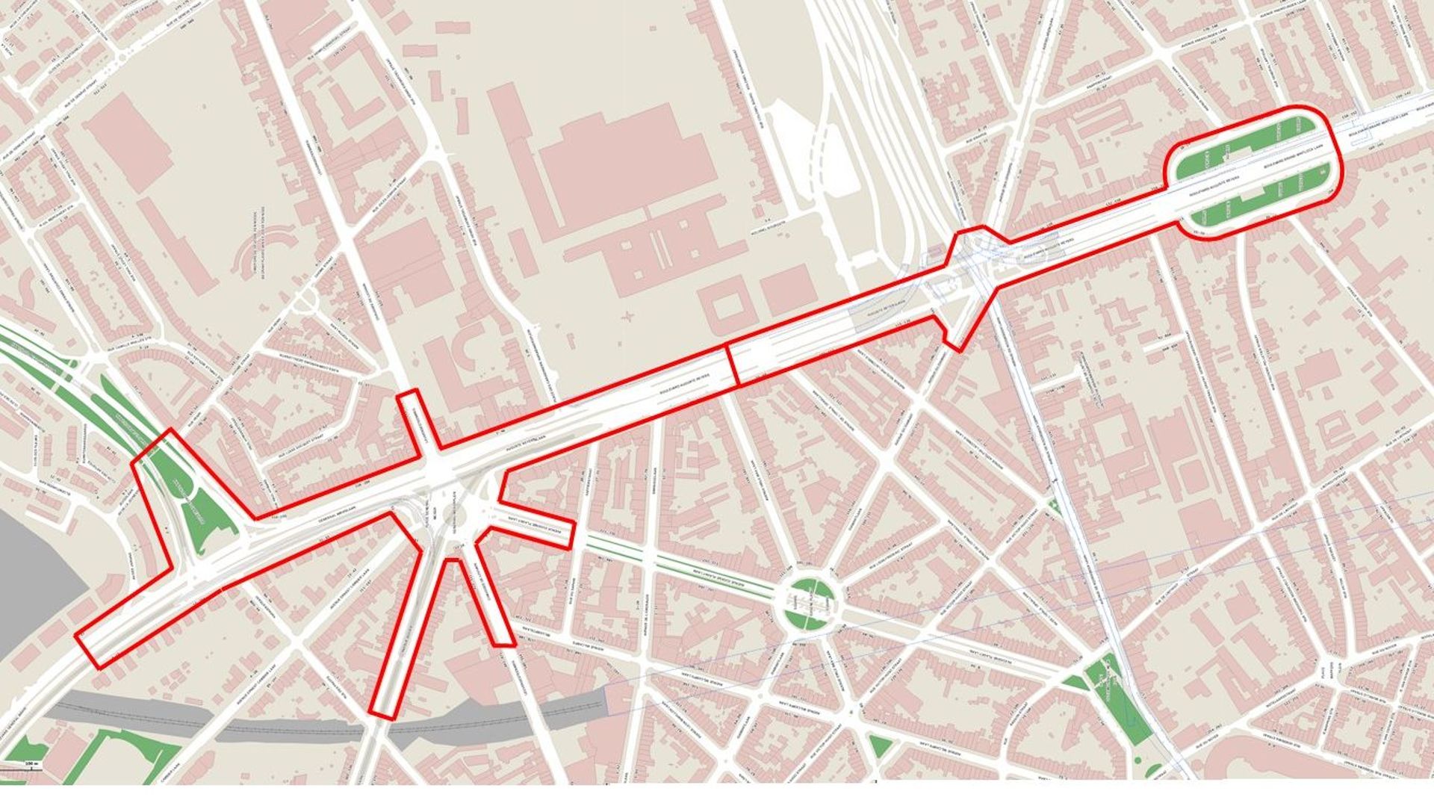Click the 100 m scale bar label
(x=31, y=763)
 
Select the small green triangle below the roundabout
(x=879, y=745)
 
